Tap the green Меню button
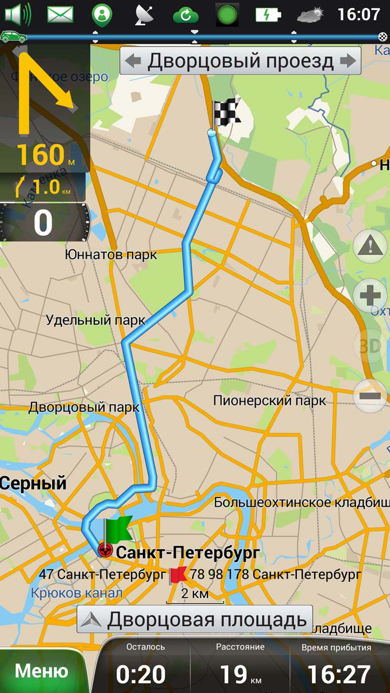[x=41, y=671]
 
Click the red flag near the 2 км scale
[x=178, y=575]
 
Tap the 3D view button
[x=370, y=346]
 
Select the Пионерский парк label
[x=270, y=401]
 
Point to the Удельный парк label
[x=95, y=320]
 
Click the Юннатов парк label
[x=110, y=254]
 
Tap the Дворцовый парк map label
[x=84, y=407]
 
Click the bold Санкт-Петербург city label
[x=188, y=553]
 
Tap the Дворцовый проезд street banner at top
[x=240, y=61]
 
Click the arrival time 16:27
[x=339, y=674]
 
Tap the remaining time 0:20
[x=141, y=674]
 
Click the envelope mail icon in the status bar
[x=60, y=15]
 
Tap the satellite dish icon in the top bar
[x=144, y=15]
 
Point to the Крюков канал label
[x=76, y=593]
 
